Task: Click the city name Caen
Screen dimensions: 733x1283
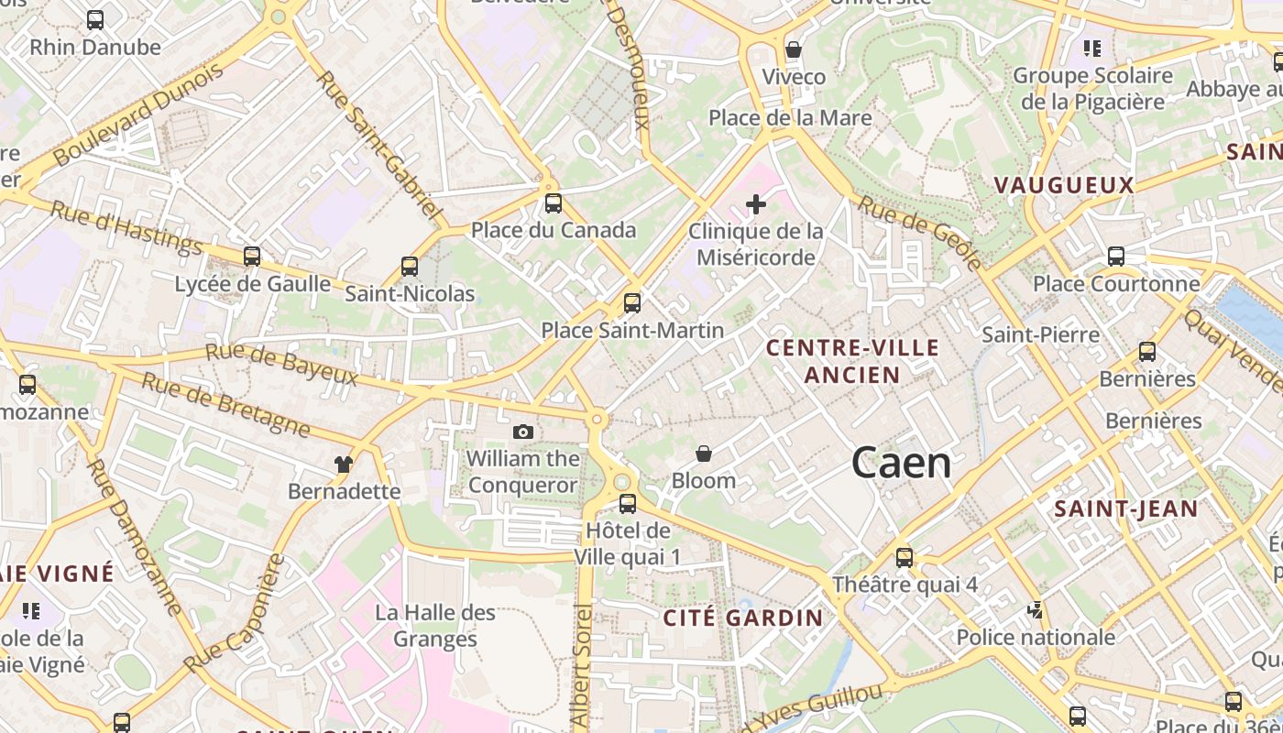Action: pos(902,463)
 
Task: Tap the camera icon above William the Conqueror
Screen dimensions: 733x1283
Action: pos(523,432)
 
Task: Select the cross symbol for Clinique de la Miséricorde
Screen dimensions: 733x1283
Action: pos(755,204)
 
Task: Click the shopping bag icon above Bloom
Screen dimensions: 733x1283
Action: pos(704,454)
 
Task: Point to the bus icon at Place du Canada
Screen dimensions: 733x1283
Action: pos(553,203)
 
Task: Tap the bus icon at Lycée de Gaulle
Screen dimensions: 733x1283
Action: pos(252,257)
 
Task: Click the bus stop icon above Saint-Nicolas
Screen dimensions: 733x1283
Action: pos(410,267)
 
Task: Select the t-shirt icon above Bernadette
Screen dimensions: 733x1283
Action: pos(344,465)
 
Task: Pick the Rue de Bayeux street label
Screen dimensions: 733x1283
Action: pos(281,365)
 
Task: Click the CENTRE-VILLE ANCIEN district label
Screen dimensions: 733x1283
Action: pos(852,361)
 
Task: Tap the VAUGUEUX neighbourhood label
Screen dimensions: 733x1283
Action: pos(1064,185)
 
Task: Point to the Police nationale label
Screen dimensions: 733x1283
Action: pos(1036,637)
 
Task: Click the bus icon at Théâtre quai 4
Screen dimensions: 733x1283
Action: pos(905,557)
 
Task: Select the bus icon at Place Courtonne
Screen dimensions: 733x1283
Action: pos(1116,257)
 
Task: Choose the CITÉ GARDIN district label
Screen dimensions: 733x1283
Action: pos(743,618)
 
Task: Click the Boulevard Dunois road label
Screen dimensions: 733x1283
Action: pos(137,115)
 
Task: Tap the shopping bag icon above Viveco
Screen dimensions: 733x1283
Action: pos(794,49)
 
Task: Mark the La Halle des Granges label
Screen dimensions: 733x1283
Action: pos(435,626)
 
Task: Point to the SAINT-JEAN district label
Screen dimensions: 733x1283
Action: pos(1126,509)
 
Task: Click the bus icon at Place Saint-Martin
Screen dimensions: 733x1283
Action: pos(631,302)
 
